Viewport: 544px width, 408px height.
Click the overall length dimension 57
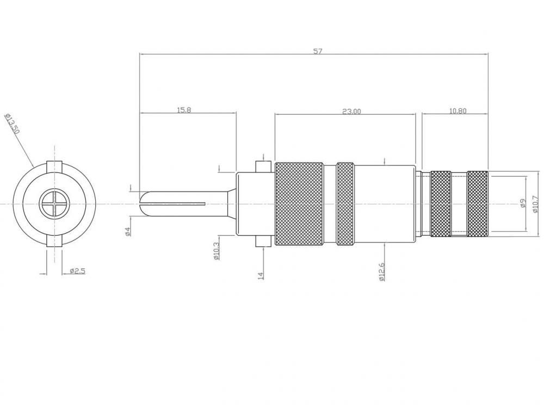coord(318,51)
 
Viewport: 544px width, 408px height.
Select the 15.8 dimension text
coord(184,110)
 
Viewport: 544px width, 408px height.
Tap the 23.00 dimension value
coord(351,112)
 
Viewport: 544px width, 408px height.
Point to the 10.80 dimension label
coord(458,111)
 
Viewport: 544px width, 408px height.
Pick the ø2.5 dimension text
coord(77,270)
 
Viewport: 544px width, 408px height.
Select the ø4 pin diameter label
coord(128,231)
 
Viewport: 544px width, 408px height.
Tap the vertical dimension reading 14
coord(261,275)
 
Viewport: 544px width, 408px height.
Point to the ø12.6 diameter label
coord(382,271)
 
